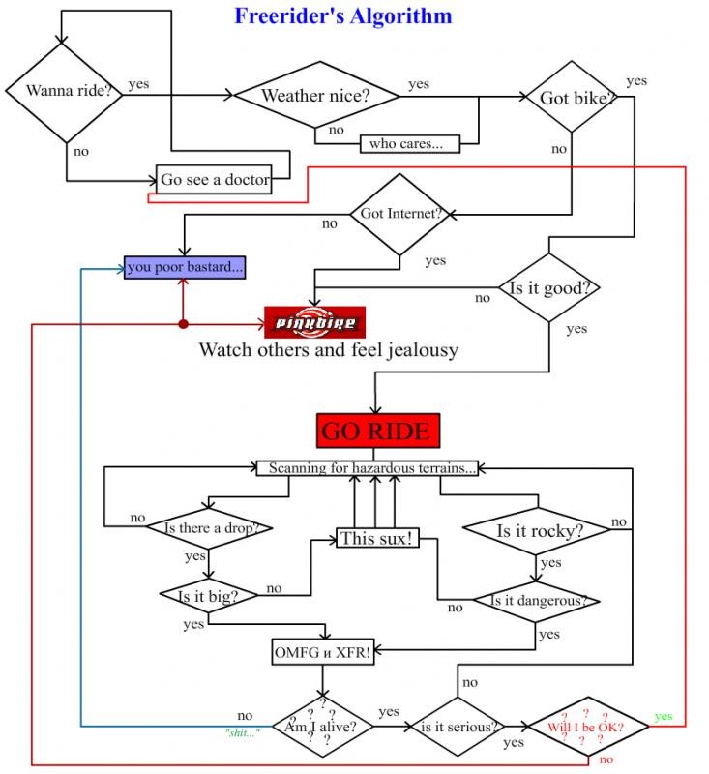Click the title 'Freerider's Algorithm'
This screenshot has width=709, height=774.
pyautogui.click(x=342, y=16)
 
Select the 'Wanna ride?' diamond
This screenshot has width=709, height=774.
pyautogui.click(x=66, y=92)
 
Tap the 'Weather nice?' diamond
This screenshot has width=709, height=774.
pyautogui.click(x=316, y=95)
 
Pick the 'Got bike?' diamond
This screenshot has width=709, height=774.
pyautogui.click(x=571, y=99)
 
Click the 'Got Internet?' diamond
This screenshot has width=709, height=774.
pyautogui.click(x=400, y=214)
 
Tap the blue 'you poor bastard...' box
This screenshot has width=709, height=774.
pyautogui.click(x=185, y=266)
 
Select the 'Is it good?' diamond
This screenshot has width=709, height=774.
pyautogui.click(x=549, y=288)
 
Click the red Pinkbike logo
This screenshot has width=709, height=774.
pyautogui.click(x=315, y=321)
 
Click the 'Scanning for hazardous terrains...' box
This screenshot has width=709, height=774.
pyautogui.click(x=372, y=468)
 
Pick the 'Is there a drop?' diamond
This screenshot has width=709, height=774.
pyautogui.click(x=208, y=527)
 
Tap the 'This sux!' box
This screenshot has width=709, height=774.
pyautogui.click(x=377, y=538)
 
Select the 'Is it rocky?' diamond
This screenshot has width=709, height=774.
pyautogui.click(x=539, y=530)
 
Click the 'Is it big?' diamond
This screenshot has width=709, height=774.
pyautogui.click(x=209, y=595)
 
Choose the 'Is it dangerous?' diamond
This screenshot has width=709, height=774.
pyautogui.click(x=537, y=600)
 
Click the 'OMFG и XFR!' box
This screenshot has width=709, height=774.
pyautogui.click(x=323, y=653)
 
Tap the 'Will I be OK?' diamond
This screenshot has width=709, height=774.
pyautogui.click(x=585, y=727)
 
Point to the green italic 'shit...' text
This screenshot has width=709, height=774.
pyautogui.click(x=242, y=732)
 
